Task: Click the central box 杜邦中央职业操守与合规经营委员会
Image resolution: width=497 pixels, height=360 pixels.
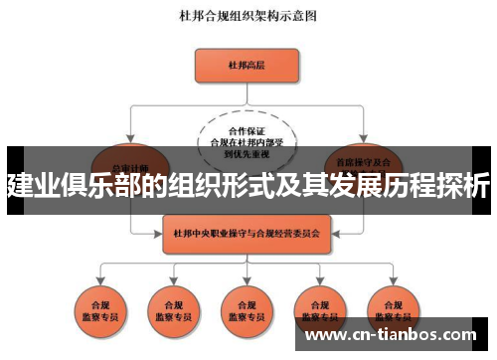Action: coord(246,235)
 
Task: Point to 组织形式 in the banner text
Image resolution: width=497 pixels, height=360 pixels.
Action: coord(200,185)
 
